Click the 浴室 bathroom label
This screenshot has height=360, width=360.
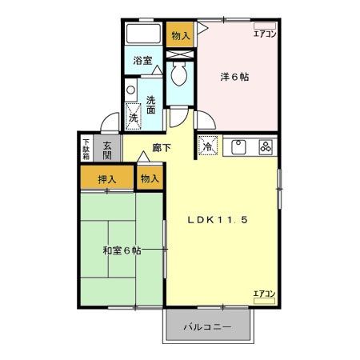pyautogui.click(x=143, y=61)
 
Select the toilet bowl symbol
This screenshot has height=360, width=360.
pyautogui.click(x=180, y=76)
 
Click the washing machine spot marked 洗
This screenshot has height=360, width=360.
pyautogui.click(x=134, y=117)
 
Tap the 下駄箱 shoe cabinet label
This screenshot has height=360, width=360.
pyautogui.click(x=86, y=148)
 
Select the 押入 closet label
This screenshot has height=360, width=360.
pyautogui.click(x=107, y=179)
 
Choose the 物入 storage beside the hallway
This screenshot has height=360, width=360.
pyautogui.click(x=149, y=179)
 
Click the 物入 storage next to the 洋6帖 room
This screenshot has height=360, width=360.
pyautogui.click(x=181, y=35)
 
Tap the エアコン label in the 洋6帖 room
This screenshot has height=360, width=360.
pyautogui.click(x=265, y=34)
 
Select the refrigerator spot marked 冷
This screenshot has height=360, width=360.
pyautogui.click(x=207, y=147)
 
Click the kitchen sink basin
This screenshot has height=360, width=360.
pyautogui.click(x=238, y=146)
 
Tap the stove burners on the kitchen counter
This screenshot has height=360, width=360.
pyautogui.click(x=266, y=146)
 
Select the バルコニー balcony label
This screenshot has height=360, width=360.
pyautogui.click(x=207, y=327)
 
